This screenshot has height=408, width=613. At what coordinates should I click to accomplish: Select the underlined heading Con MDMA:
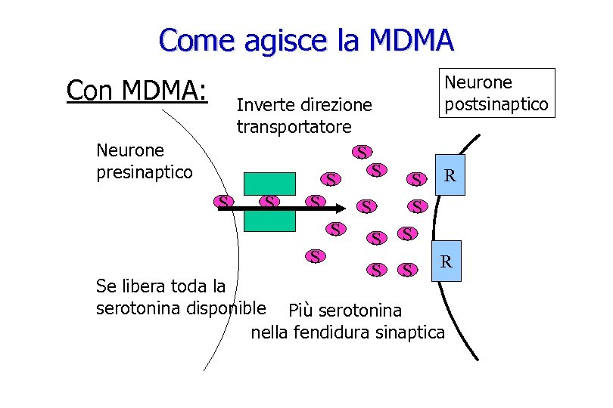[137, 90]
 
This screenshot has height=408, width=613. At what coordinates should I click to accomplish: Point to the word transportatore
[294, 125]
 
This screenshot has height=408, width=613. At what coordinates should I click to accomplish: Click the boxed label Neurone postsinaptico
[497, 93]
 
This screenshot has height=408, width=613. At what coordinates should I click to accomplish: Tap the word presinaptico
[145, 172]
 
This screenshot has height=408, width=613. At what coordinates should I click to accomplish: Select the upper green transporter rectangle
[269, 184]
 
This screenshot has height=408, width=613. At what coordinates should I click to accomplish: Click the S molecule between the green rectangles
[269, 202]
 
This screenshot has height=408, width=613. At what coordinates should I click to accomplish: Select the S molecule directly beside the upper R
[415, 179]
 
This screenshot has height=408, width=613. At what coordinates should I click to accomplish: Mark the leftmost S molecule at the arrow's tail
[222, 202]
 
